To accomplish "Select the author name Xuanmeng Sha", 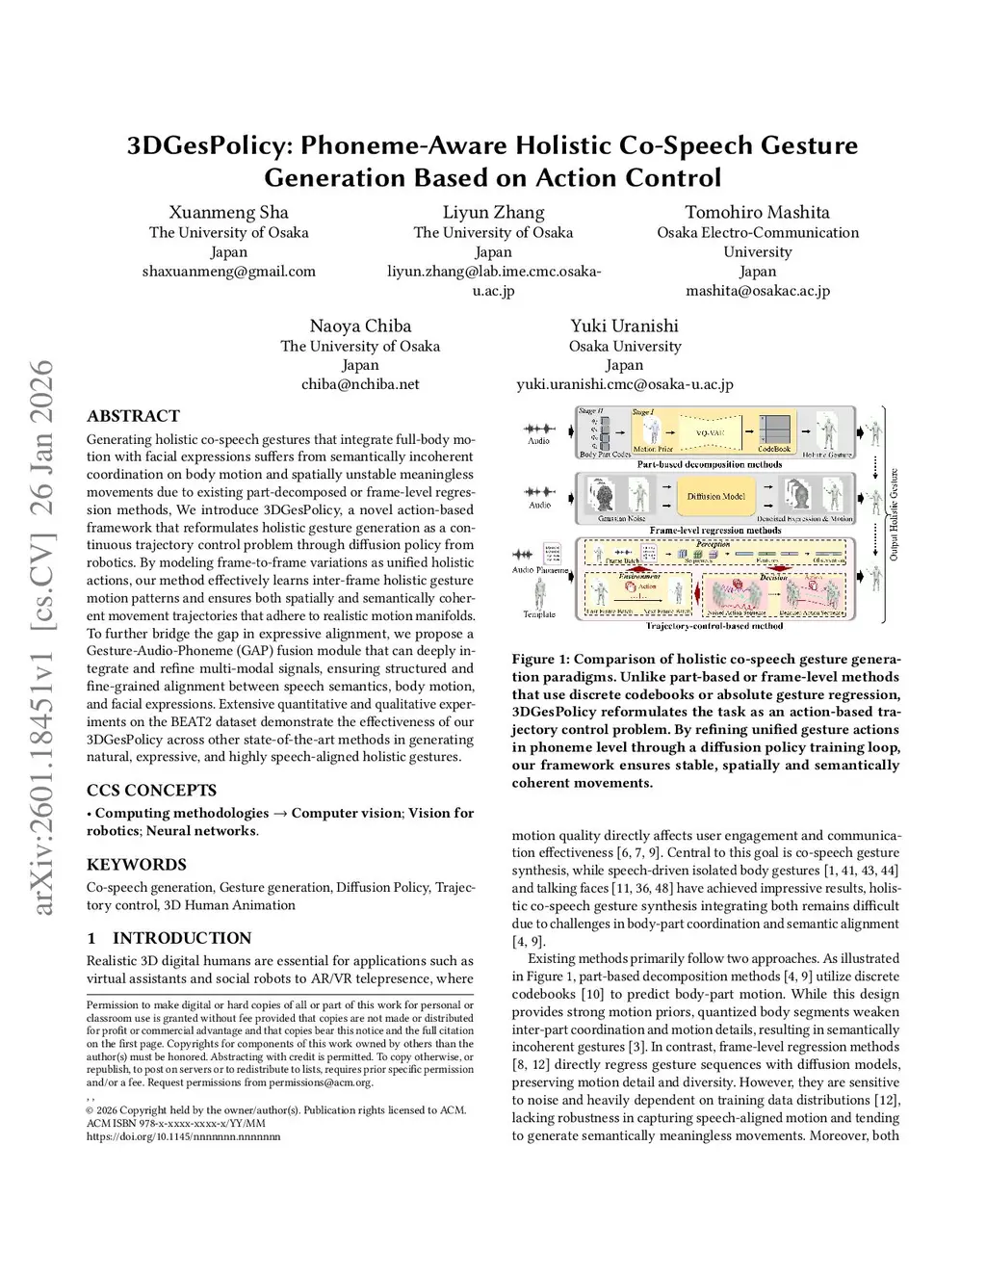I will [228, 212].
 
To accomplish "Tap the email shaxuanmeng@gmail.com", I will [228, 271].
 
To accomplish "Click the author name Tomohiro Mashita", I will [757, 212].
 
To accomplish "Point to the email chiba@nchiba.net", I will [360, 383].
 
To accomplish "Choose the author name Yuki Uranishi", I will [624, 326].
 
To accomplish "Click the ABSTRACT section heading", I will [133, 416].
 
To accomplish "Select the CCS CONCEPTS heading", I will [151, 791].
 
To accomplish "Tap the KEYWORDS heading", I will [137, 865].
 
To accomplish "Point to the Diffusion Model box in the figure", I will [715, 496].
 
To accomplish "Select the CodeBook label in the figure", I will [774, 449].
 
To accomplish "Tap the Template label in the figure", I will [539, 614].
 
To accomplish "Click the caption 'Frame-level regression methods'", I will [715, 530].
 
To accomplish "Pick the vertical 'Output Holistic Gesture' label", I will [894, 515].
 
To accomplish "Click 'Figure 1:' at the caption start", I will [540, 660].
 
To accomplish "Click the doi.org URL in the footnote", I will [183, 1136].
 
